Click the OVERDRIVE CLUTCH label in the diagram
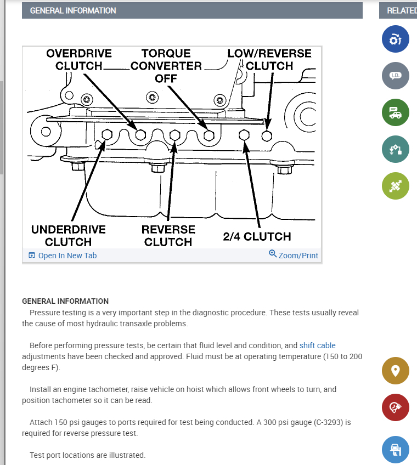point(79,60)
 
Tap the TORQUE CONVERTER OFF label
point(166,65)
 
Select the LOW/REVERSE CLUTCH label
point(269,60)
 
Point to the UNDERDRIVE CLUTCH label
point(68,235)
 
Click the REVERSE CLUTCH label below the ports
point(168,235)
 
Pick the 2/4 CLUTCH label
point(257,236)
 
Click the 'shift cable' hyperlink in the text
point(317,345)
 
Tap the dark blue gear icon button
point(395,39)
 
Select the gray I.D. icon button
point(395,76)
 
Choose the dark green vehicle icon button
point(395,112)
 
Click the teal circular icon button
point(395,149)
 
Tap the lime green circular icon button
point(395,186)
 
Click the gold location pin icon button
point(395,370)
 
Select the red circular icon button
point(395,407)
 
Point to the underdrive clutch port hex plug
point(108,134)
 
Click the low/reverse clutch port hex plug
point(267,134)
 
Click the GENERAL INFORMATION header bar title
point(73,10)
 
